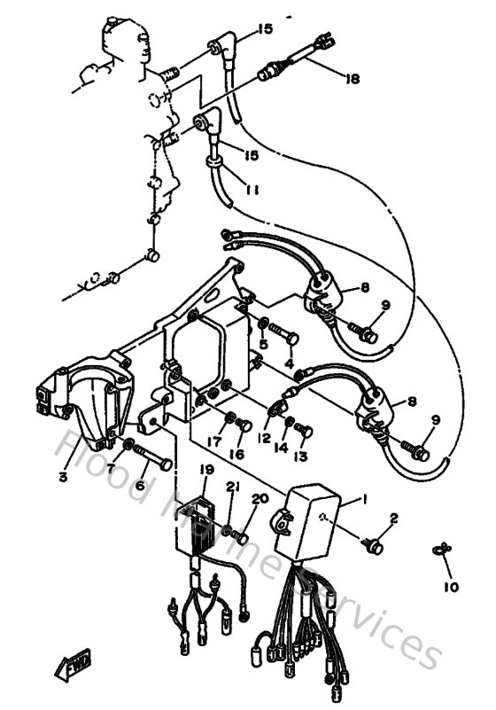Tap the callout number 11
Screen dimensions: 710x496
[x=252, y=189]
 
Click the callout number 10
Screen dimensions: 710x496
[x=452, y=588]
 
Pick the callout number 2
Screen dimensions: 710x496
[x=395, y=518]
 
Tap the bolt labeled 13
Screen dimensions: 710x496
[x=304, y=430]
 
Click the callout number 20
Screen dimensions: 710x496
[x=260, y=499]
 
